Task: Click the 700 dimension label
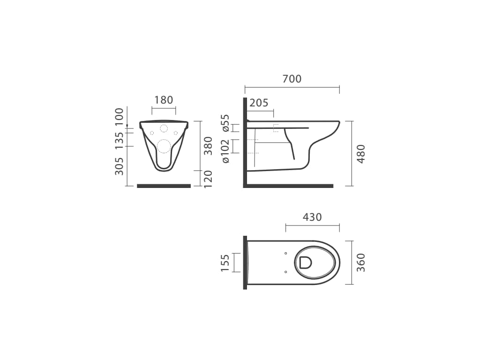click(292, 79)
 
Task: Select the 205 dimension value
click(259, 103)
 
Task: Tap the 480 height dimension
click(361, 154)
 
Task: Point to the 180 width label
click(164, 100)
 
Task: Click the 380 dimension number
click(208, 146)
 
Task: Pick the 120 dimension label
click(208, 179)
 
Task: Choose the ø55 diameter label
click(225, 123)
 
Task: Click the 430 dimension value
click(312, 217)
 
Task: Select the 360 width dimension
click(361, 262)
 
